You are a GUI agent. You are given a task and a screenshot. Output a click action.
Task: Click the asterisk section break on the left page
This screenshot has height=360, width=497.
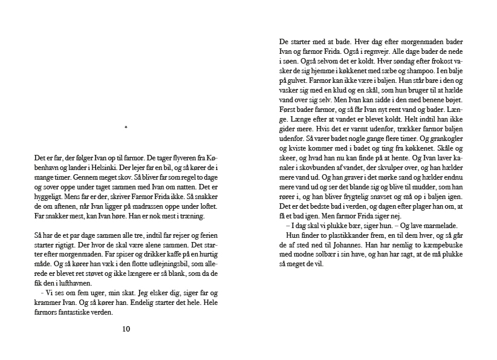(126, 128)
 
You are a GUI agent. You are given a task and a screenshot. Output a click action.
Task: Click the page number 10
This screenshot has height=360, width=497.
(126, 329)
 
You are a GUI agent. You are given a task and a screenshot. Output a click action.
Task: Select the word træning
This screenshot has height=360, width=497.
(191, 216)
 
